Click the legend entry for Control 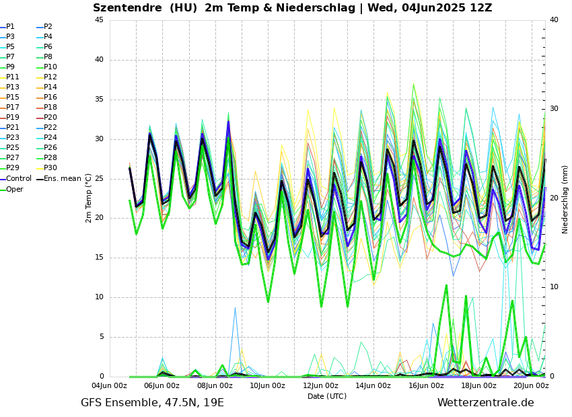(x=19, y=179)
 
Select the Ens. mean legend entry (x=62, y=179)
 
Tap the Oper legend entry (x=15, y=189)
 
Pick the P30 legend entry (x=50, y=168)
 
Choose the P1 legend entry (x=11, y=27)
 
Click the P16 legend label (x=50, y=98)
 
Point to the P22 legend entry (x=50, y=128)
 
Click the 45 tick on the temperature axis (x=99, y=20)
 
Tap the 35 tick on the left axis (x=99, y=100)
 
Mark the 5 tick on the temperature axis (x=101, y=337)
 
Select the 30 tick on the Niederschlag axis (x=554, y=108)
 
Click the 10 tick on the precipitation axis (x=554, y=287)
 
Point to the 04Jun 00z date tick (x=109, y=386)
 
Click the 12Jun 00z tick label (x=320, y=386)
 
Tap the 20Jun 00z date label (x=532, y=386)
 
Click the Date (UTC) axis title (x=327, y=397)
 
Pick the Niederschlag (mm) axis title (x=565, y=199)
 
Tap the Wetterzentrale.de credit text (x=485, y=403)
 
